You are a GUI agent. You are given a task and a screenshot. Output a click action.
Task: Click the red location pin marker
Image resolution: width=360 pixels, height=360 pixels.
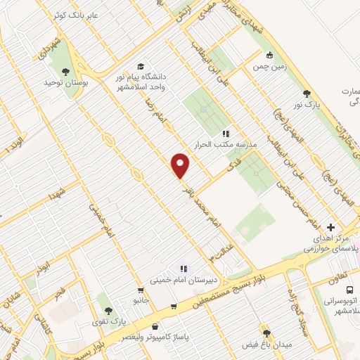(181, 166)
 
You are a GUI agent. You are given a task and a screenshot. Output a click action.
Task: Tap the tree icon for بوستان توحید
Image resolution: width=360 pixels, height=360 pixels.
(65, 71)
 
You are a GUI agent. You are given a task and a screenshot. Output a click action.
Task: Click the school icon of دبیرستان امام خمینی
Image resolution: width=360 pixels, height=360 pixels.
(184, 267)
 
